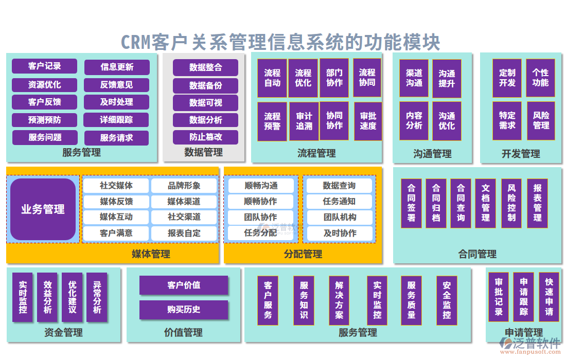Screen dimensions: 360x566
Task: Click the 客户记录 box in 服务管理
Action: coord(45,66)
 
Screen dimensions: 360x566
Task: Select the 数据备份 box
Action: coord(205,85)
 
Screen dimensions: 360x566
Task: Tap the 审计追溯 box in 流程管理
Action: coord(304,121)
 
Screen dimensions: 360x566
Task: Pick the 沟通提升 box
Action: coord(447,78)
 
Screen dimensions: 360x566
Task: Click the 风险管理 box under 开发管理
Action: coord(540,121)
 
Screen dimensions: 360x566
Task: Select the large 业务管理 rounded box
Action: coord(43,209)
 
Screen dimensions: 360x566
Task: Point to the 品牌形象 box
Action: coord(184,186)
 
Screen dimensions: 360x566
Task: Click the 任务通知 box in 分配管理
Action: coord(339,202)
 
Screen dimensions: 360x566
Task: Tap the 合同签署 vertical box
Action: coord(411,203)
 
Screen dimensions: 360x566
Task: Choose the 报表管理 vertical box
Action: coord(537,203)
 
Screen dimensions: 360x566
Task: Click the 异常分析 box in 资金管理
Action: coord(97,297)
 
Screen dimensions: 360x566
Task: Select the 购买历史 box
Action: coord(184,310)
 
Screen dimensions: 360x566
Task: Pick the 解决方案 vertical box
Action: coord(339,300)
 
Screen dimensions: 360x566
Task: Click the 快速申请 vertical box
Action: coord(549,297)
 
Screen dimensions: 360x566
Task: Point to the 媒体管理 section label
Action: coord(151,254)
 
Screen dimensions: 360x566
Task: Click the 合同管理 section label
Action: coord(477,254)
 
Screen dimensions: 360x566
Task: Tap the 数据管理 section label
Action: coord(203,153)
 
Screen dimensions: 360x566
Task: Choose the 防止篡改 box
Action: coord(205,137)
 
